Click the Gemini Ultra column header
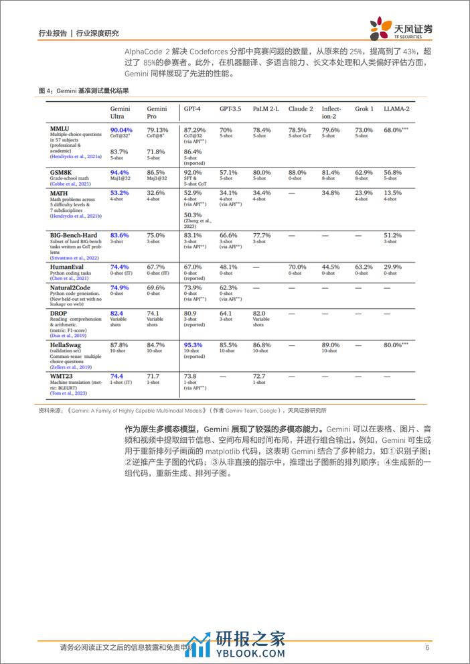(120, 112)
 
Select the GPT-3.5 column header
(230, 109)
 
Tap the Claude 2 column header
(301, 109)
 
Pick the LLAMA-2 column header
(397, 109)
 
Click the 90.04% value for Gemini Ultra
(121, 129)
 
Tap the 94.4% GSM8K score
(119, 172)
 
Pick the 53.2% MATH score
(119, 192)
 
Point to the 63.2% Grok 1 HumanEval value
(364, 267)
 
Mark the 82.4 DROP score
(116, 313)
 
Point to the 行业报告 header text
(51, 32)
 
